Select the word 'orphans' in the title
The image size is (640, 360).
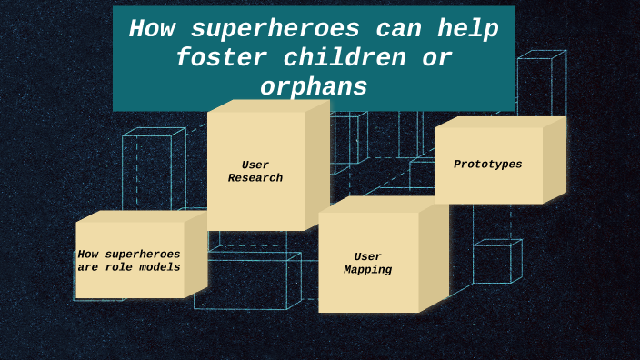click(x=314, y=87)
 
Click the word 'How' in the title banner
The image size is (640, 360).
click(x=151, y=29)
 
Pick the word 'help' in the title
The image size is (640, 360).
click(x=467, y=29)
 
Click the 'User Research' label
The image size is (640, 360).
click(x=255, y=172)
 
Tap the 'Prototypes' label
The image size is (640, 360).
click(x=488, y=165)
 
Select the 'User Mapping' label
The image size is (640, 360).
click(x=368, y=264)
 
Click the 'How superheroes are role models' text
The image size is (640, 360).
click(x=129, y=261)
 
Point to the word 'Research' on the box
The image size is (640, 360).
click(x=255, y=178)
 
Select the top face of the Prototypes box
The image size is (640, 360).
click(x=501, y=121)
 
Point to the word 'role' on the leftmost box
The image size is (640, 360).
click(x=123, y=267)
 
